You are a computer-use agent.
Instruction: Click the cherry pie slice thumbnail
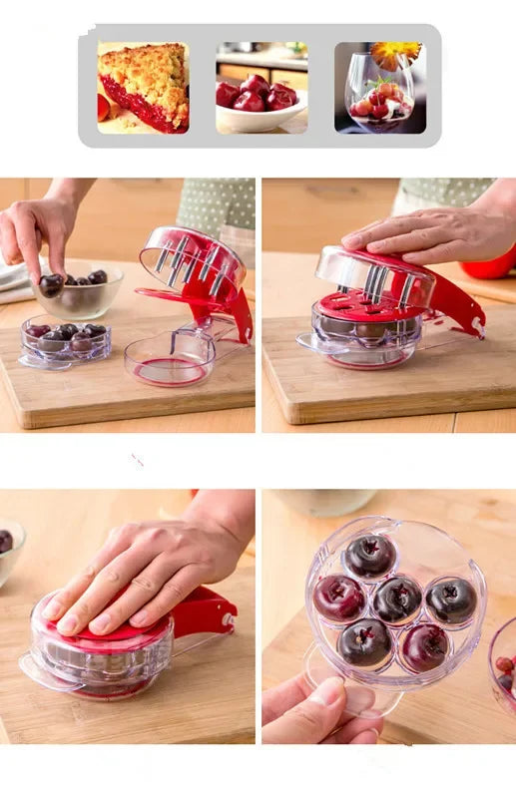144,88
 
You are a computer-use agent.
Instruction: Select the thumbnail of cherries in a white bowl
259,88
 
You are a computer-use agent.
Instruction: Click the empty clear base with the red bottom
169,359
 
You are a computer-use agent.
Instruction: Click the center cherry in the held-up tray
397,598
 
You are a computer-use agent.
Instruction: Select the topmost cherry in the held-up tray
370,556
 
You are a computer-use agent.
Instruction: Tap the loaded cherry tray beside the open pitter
66,340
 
